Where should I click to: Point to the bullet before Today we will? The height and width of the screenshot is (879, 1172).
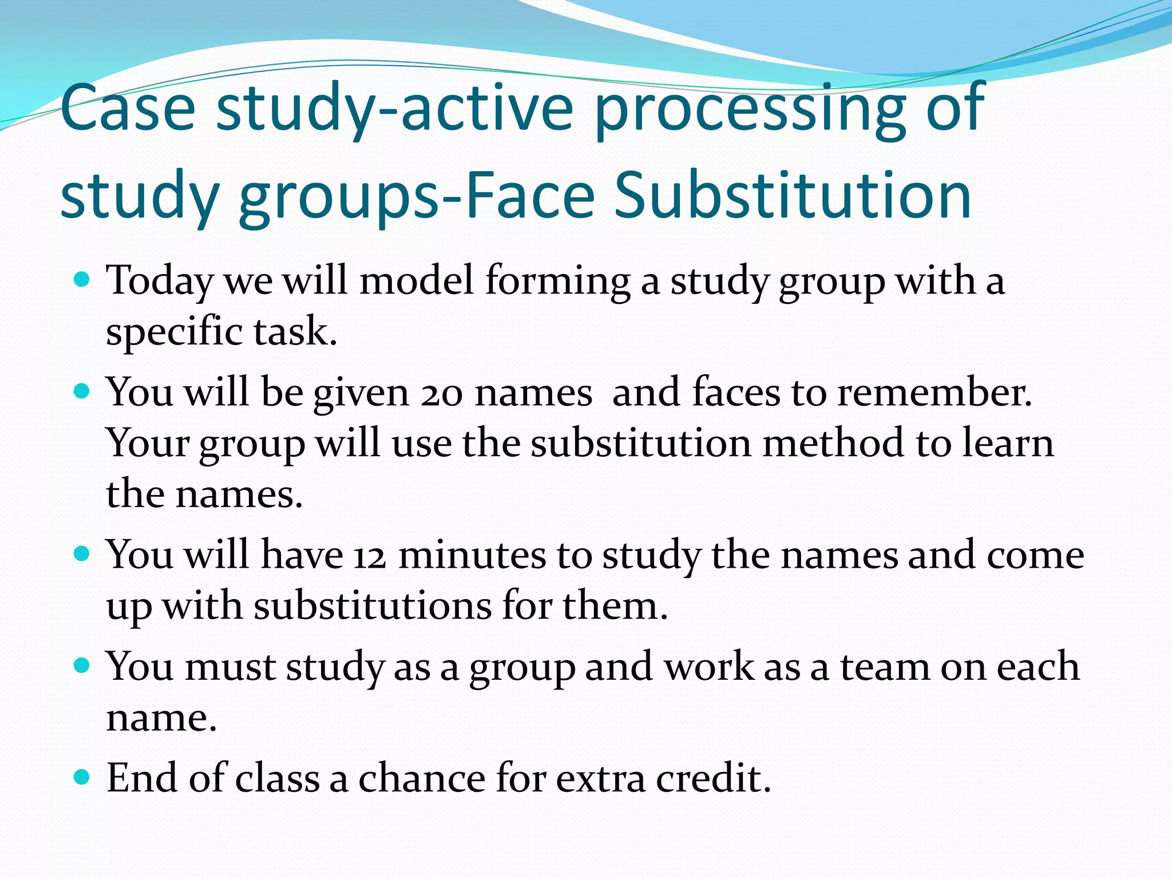[82, 280]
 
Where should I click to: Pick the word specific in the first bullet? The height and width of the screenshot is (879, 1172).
[174, 332]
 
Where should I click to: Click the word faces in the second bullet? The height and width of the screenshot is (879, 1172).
[736, 393]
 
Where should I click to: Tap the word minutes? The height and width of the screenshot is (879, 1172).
[472, 555]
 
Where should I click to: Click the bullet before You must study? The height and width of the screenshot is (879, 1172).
[82, 666]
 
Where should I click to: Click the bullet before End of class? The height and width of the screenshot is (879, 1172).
[82, 777]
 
